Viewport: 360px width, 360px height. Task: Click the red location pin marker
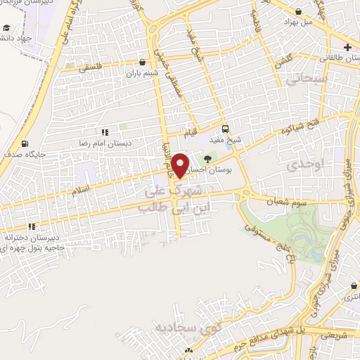[181, 165]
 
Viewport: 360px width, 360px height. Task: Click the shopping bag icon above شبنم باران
[143, 62]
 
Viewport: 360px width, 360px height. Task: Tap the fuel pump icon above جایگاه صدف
[25, 143]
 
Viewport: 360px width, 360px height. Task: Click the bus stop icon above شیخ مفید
[225, 129]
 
